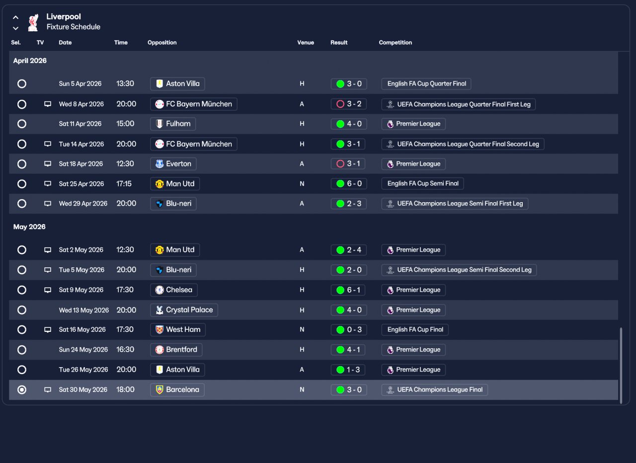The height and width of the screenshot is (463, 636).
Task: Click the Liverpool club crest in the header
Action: [33, 22]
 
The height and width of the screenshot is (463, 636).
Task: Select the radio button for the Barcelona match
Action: [22, 390]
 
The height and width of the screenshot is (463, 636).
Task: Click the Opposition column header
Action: [162, 43]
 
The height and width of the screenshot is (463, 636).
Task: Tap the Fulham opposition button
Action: [173, 124]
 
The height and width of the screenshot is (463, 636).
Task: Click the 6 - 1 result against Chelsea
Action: [349, 290]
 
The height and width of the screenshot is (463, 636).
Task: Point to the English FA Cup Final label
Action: [415, 330]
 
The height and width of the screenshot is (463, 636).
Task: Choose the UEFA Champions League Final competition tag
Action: [435, 390]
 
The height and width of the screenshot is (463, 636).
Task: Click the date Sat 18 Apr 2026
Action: [81, 164]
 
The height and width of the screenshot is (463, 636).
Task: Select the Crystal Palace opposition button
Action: [184, 310]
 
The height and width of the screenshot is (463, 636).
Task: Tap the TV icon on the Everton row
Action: [48, 164]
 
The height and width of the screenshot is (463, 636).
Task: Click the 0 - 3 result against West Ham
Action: [349, 330]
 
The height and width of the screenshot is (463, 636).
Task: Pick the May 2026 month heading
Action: [29, 227]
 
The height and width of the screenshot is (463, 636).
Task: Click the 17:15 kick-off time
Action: [124, 184]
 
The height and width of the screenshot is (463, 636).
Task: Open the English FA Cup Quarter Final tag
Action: [426, 84]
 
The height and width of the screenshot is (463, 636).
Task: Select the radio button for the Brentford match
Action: [22, 350]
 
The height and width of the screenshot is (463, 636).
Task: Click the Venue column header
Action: [306, 43]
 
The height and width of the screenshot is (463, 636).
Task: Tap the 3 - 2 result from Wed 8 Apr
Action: [349, 104]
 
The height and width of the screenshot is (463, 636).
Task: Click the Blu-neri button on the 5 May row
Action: [173, 270]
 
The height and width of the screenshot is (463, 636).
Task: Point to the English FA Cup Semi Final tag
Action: [422, 184]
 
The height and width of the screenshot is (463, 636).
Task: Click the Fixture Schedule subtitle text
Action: [74, 27]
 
